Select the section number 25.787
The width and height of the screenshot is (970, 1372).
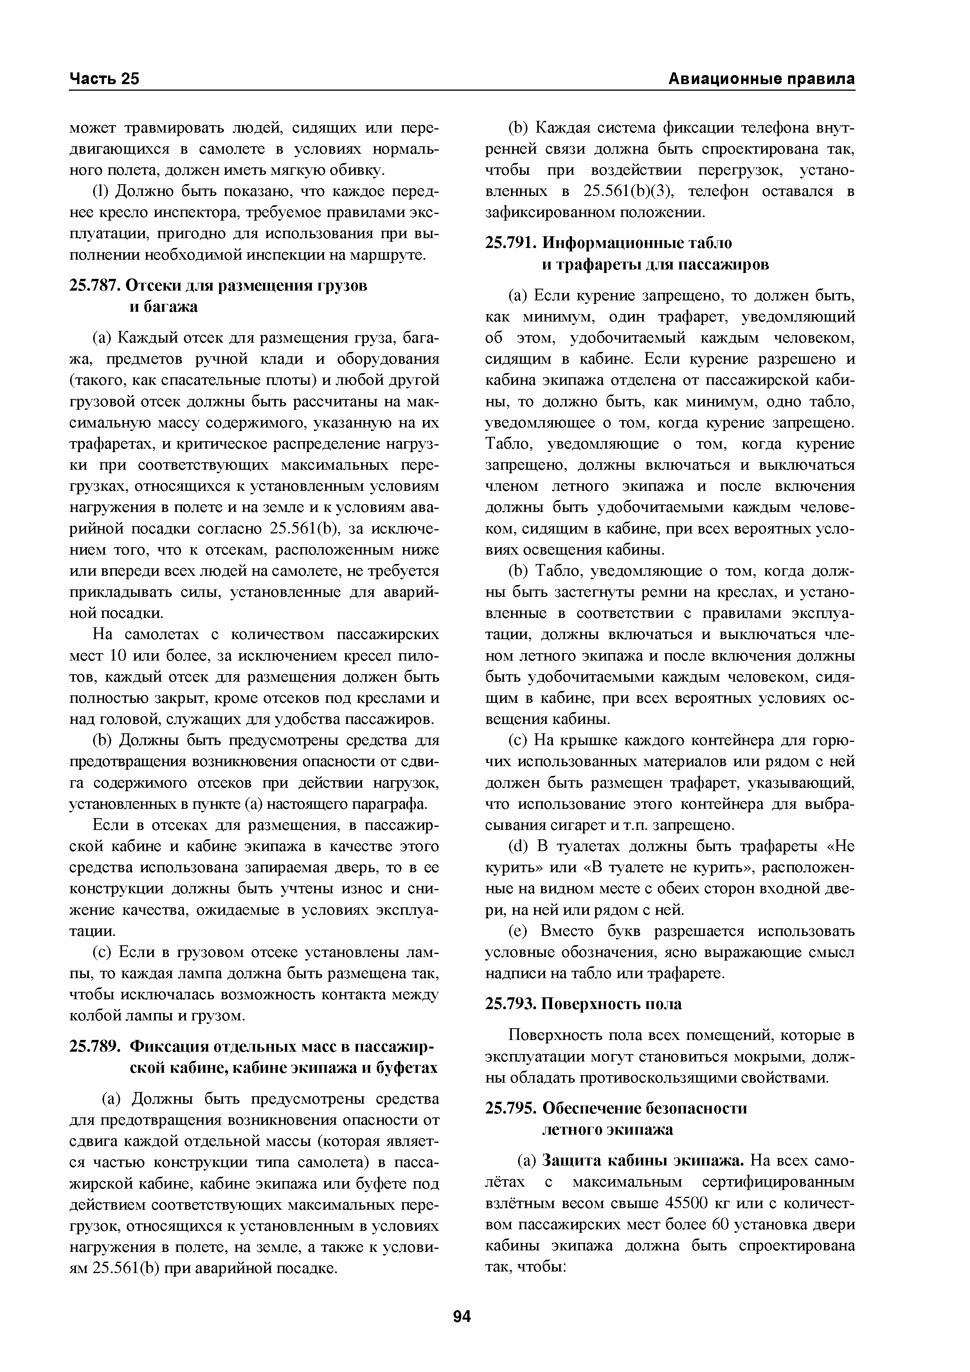tap(95, 286)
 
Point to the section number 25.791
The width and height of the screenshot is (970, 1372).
tap(511, 243)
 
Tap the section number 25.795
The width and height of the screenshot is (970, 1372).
tap(511, 1108)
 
